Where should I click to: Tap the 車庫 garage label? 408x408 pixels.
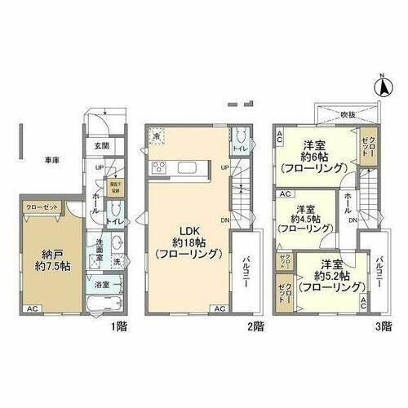pyautogui.click(x=51, y=160)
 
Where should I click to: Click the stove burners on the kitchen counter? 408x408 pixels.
pyautogui.click(x=158, y=169)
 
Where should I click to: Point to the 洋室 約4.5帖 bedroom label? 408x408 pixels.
pyautogui.click(x=304, y=218)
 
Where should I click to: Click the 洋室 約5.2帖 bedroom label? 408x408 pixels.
pyautogui.click(x=330, y=276)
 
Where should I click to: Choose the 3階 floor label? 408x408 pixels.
pyautogui.click(x=383, y=325)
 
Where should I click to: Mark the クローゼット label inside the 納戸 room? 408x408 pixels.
pyautogui.click(x=39, y=207)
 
